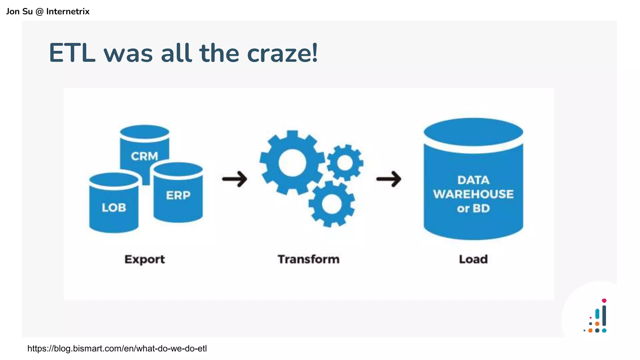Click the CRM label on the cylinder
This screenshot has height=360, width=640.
tap(144, 156)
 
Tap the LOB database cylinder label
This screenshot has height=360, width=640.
tap(114, 207)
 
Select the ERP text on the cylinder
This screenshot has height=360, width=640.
tap(178, 195)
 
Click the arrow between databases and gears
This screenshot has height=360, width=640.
tap(235, 179)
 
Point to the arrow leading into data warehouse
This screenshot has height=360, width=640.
tap(389, 179)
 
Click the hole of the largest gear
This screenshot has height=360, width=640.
tap(292, 163)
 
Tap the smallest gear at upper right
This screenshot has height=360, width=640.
tap(345, 163)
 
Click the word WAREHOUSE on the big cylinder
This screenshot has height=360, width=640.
tap(473, 194)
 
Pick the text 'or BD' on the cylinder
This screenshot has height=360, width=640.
tap(473, 208)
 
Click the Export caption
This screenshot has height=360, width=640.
tap(144, 259)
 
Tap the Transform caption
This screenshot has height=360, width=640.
tap(308, 259)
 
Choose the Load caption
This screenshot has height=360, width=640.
tap(473, 259)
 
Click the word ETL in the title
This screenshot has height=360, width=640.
tap(72, 53)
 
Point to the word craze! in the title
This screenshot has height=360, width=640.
tap(282, 53)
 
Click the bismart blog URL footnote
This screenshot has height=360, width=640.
tap(117, 348)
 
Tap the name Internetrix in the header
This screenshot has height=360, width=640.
tap(68, 12)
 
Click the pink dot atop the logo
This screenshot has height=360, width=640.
tap(604, 301)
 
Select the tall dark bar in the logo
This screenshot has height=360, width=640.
tap(604, 316)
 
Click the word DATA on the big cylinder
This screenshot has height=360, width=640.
tap(473, 180)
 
